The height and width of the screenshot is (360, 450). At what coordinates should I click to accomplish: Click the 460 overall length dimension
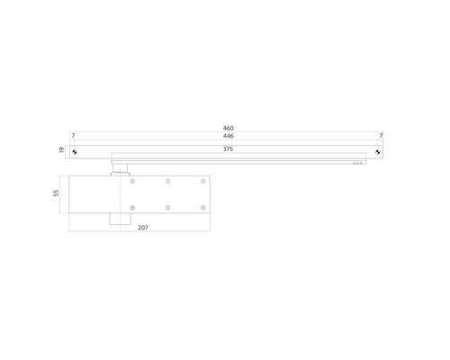click(229, 129)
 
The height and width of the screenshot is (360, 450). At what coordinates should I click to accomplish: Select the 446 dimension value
click(229, 136)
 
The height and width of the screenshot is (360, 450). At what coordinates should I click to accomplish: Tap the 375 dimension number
click(228, 149)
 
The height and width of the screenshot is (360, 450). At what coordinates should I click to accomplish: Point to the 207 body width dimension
click(143, 228)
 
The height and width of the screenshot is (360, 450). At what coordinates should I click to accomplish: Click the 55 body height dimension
click(56, 193)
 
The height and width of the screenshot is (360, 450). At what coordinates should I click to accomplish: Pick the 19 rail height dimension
click(62, 149)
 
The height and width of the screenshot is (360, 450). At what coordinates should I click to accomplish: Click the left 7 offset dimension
click(73, 136)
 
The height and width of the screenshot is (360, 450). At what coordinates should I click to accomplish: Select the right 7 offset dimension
click(381, 136)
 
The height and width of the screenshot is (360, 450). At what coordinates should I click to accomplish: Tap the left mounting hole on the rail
click(75, 152)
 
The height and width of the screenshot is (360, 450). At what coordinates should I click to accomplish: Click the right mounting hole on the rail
click(378, 152)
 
